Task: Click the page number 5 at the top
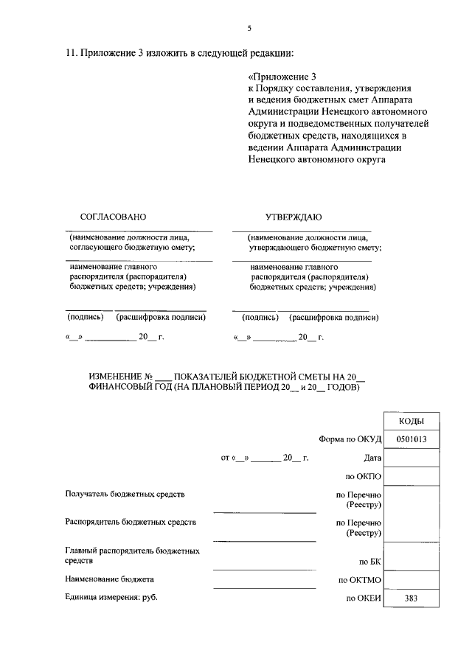coord(249,28)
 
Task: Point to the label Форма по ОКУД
coord(349,439)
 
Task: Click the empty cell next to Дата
coord(410,458)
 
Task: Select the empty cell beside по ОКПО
coord(410,476)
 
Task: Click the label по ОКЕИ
coord(362,598)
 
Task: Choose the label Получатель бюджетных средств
coord(120,493)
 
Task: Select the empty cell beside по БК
coord(410,556)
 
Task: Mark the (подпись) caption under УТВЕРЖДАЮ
coord(260,318)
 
